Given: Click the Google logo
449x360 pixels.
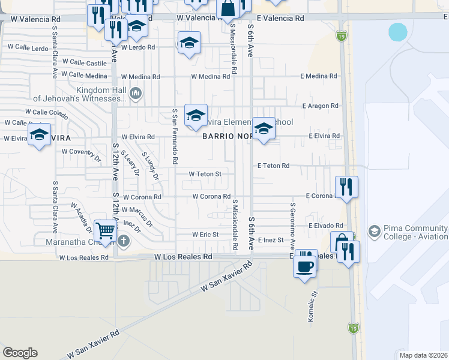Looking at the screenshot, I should (20, 353).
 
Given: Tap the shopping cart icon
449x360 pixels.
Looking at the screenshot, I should (105, 230).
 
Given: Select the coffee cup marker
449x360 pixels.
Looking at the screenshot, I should (305, 265).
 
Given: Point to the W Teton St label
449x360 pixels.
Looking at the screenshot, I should (205, 174).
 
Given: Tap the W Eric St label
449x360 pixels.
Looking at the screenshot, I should (205, 235).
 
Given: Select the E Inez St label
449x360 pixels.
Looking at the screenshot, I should (270, 240).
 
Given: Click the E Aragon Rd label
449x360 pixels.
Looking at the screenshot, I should (321, 106).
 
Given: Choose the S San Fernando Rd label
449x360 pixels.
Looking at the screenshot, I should (175, 136).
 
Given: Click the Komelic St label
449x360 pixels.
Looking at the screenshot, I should (312, 307).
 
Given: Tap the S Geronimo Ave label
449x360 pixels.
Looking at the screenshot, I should (293, 226).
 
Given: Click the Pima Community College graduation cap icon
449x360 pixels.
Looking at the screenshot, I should (375, 231).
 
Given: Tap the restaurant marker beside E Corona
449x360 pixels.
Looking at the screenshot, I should (346, 187).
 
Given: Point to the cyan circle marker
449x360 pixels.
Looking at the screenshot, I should (398, 32).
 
